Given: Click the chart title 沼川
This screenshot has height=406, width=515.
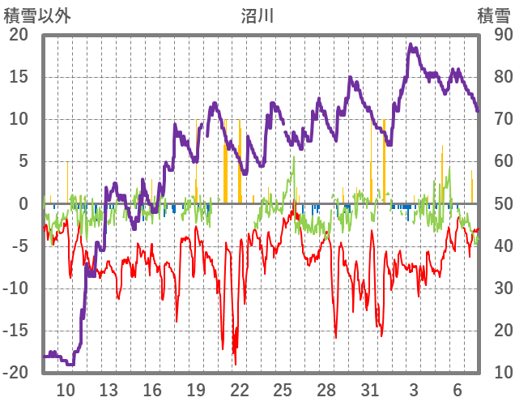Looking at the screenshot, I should click(x=257, y=14).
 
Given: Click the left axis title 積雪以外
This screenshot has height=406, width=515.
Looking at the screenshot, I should click(x=36, y=14).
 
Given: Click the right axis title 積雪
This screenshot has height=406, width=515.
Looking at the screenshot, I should click(x=493, y=14).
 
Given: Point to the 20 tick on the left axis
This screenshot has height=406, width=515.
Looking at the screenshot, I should click(x=19, y=35).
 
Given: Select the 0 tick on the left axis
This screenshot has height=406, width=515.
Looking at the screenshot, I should click(x=23, y=203).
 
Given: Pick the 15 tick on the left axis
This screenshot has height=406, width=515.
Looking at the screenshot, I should click(x=19, y=77).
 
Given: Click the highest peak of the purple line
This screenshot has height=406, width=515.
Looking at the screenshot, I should click(x=411, y=45).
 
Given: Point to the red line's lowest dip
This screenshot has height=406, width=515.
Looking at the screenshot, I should click(x=235, y=362).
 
